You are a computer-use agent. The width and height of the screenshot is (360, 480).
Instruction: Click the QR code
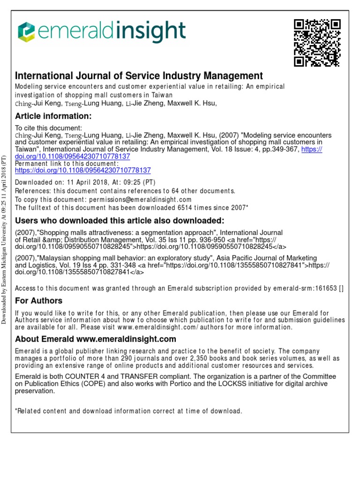click(x=317, y=43)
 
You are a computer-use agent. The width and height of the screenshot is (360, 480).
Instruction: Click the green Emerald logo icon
click(x=26, y=32)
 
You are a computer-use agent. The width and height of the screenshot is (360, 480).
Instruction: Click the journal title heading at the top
click(x=139, y=76)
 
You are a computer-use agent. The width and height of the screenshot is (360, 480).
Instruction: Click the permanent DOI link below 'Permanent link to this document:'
click(x=83, y=171)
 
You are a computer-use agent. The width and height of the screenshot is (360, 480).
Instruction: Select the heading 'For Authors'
click(x=38, y=300)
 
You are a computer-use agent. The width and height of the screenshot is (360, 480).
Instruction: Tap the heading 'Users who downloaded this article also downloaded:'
click(x=120, y=221)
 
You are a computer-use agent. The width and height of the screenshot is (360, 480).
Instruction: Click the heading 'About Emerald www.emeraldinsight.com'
click(x=96, y=339)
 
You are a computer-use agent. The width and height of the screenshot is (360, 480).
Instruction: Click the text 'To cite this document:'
click(x=49, y=127)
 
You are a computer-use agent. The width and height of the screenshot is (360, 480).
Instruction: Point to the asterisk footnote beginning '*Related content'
click(x=129, y=411)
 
